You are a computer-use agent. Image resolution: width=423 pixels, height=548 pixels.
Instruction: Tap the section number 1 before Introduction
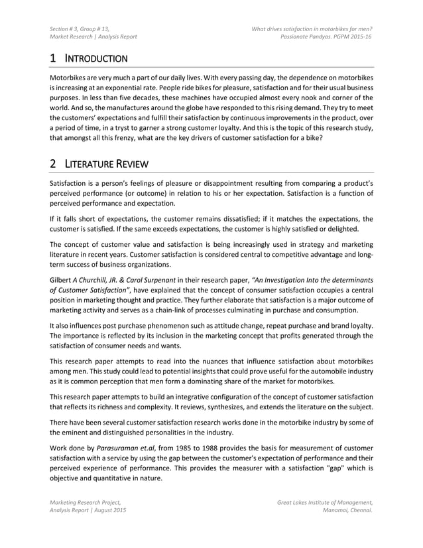coord(54,58)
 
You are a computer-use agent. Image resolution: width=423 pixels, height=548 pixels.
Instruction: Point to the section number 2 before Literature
coord(54,163)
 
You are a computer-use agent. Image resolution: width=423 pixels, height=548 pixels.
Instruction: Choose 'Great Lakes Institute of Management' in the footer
coord(325,502)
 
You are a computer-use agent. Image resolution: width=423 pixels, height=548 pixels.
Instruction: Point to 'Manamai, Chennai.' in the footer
coord(347,511)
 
